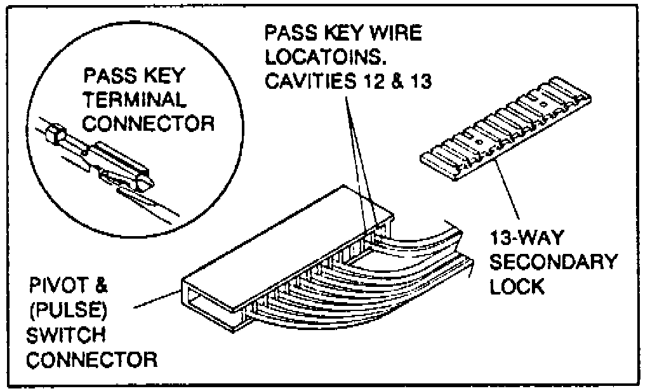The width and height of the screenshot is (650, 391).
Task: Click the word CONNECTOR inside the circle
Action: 149,123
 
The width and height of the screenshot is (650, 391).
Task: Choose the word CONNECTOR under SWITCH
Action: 94,359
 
